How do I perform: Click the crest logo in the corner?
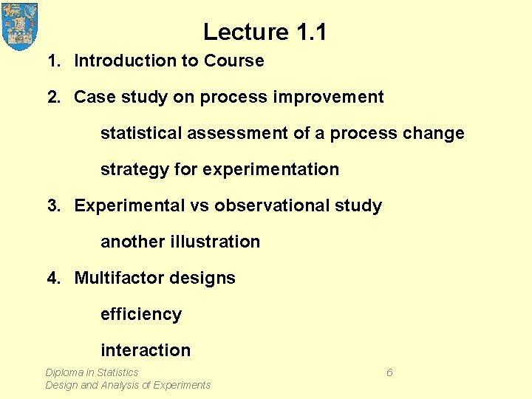20,26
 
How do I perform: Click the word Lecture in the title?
246,32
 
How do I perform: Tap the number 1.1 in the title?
311,32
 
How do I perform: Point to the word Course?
234,61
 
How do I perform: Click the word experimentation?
270,169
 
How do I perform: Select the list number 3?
54,205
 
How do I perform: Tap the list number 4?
54,278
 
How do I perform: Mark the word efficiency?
141,314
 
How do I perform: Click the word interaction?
146,350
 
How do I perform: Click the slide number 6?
389,372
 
